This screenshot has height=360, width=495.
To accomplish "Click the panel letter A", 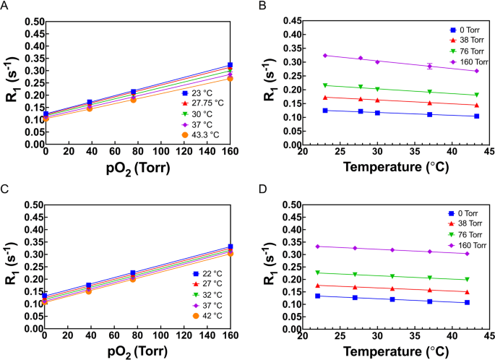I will (x=5, y=7).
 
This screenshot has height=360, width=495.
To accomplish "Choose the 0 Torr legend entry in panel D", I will (x=462, y=214).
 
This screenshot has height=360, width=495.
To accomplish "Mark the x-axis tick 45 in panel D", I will (x=488, y=337).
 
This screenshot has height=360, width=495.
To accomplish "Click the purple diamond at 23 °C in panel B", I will (x=325, y=56).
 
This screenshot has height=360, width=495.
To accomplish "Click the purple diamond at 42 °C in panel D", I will (x=467, y=254).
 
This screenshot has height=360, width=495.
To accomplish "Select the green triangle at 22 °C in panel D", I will (x=317, y=273).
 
